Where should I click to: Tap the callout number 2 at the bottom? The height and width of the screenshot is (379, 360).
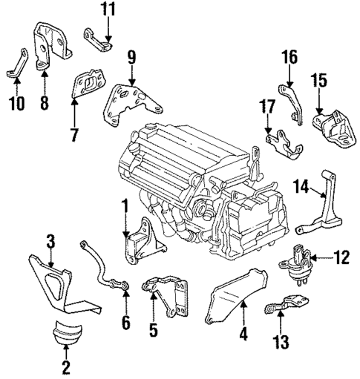pos(66,366)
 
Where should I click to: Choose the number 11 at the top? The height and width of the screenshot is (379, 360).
pos(108,10)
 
